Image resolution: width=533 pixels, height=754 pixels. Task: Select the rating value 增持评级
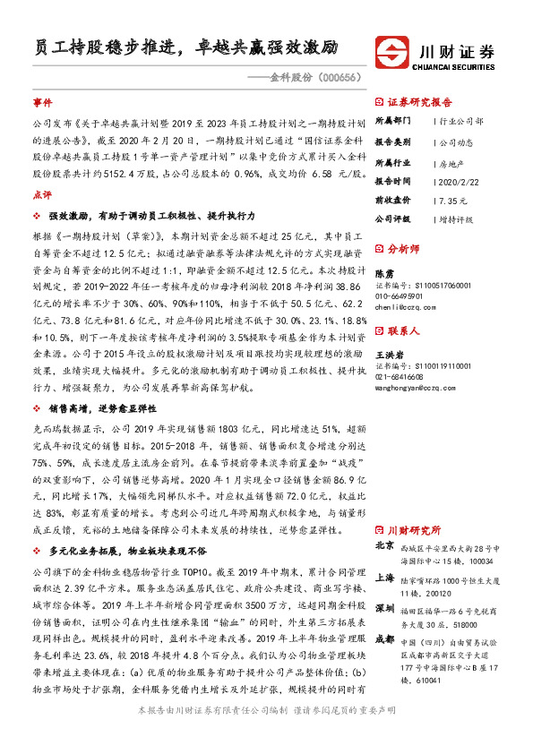click(455, 218)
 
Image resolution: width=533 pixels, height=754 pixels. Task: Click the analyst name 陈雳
click(383, 274)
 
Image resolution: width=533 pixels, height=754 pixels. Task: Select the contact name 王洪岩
click(388, 356)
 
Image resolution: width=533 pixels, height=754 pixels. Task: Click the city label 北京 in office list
click(383, 544)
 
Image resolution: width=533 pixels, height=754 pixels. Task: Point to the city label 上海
click(383, 578)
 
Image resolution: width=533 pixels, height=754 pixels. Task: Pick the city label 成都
click(383, 638)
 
